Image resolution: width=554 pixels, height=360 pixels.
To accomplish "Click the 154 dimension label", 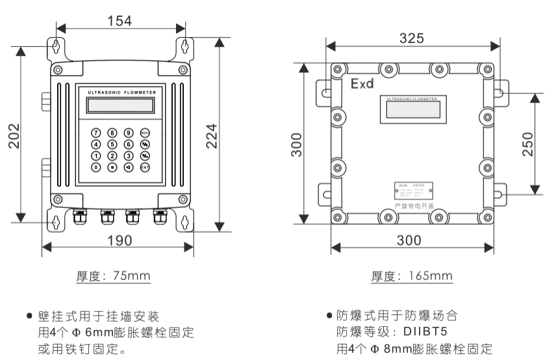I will click(x=120, y=20).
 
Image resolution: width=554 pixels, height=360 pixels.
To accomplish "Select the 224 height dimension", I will click(x=212, y=135).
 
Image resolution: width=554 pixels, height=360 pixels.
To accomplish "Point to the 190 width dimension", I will click(x=119, y=240).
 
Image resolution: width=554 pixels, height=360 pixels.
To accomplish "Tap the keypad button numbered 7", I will click(x=96, y=133).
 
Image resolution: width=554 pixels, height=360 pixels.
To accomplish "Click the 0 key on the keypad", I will click(x=96, y=167).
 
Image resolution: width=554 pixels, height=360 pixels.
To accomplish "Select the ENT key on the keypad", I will click(x=145, y=167).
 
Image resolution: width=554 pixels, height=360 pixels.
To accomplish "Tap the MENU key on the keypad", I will click(x=145, y=133).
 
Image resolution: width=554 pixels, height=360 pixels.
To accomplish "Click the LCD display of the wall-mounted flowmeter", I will click(x=121, y=105).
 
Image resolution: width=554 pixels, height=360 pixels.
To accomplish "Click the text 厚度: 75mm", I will click(x=114, y=276).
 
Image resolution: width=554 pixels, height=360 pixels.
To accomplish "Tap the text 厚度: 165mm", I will click(x=412, y=276).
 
